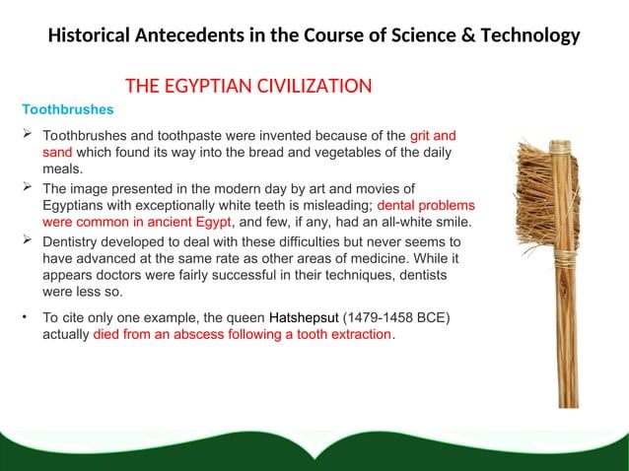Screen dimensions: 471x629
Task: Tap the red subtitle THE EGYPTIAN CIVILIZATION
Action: (247, 86)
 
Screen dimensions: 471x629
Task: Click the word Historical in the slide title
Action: (95, 36)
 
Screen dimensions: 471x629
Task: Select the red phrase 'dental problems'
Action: (427, 206)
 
